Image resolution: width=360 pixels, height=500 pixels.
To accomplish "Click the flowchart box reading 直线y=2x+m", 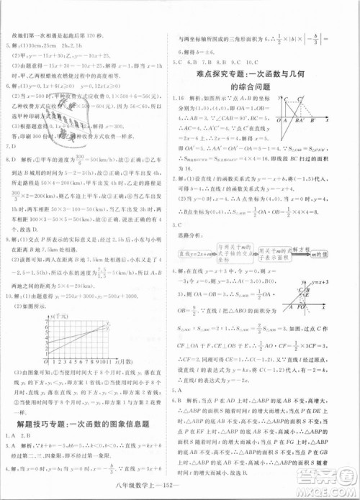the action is [199, 255].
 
